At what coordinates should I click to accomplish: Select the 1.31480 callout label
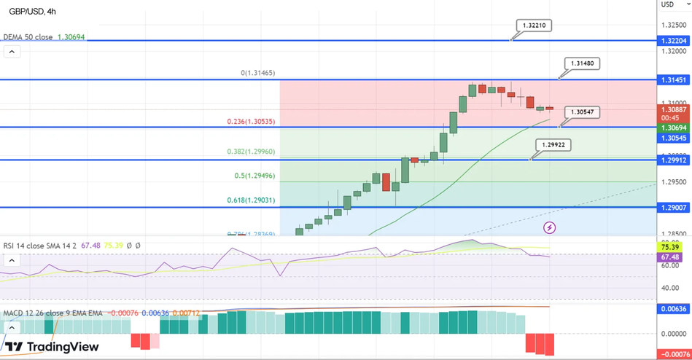coord(582,63)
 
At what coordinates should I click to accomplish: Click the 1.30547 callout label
coord(582,112)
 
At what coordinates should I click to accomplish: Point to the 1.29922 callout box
coord(553,145)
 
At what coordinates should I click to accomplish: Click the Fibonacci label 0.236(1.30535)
coord(250,122)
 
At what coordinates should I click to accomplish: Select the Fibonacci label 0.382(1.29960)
coord(250,152)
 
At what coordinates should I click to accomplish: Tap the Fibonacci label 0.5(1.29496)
coord(254,176)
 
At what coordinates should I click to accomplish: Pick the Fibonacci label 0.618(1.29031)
coord(250,200)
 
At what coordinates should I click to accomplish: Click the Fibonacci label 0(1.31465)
coord(257,73)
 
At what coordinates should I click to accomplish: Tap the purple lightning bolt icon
coord(550,228)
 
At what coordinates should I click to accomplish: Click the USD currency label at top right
coord(667,4)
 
